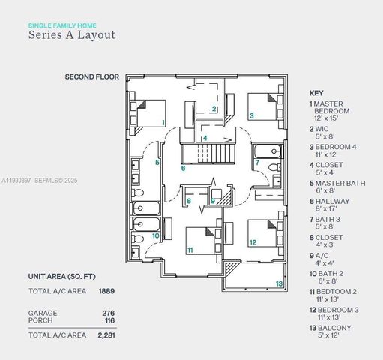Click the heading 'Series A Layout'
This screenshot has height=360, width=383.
click(72, 34)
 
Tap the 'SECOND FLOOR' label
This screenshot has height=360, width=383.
click(91, 76)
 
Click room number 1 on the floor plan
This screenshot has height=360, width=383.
click(163, 122)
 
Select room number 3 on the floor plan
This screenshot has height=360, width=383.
click(252, 116)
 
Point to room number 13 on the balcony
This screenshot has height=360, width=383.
click(279, 283)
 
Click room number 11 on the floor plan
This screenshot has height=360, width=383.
click(190, 250)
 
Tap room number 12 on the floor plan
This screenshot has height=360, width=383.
click(253, 242)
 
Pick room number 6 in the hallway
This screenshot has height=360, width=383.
click(183, 168)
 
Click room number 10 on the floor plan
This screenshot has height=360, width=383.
click(155, 235)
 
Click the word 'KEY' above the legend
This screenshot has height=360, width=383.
click(316, 92)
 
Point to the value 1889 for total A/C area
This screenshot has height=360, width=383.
click(107, 290)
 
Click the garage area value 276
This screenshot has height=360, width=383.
click(108, 312)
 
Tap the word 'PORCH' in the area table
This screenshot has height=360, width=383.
click(40, 320)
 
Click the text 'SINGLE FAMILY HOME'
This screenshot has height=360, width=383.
click(63, 25)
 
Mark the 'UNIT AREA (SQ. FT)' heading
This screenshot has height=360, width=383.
click(62, 276)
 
